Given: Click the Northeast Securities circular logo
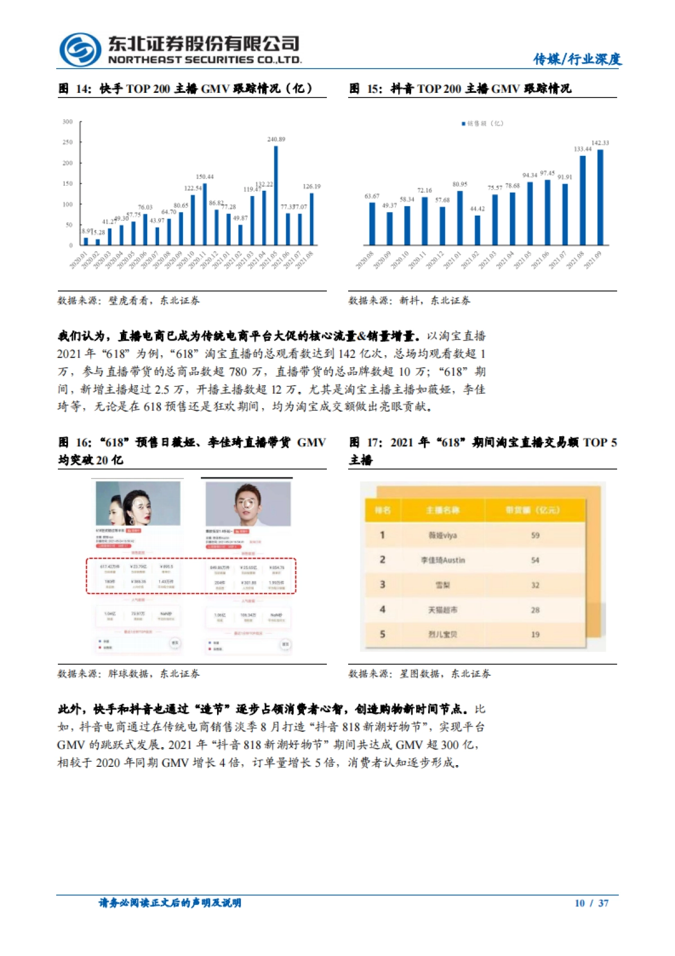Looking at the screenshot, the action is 80,50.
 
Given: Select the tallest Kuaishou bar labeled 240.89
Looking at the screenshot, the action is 276,195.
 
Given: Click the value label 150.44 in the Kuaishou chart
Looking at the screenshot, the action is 205,177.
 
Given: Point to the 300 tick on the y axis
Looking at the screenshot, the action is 67,122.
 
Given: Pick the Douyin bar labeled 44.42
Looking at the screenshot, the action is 478,230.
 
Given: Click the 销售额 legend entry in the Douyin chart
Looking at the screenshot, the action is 483,123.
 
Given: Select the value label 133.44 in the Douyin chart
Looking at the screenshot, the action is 583,149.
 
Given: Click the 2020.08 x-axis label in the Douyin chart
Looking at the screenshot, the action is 365,260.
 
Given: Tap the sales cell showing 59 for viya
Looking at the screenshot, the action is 535,535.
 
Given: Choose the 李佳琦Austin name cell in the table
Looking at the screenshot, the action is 443,560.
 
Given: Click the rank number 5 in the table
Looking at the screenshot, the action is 382,635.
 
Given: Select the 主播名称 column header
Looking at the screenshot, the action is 443,510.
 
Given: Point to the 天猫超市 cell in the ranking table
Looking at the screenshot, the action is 443,610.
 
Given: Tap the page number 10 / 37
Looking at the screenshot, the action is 591,903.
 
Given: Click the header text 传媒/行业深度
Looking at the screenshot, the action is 577,59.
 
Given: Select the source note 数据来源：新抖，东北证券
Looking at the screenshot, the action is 409,301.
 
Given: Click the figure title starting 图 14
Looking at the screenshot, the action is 186,88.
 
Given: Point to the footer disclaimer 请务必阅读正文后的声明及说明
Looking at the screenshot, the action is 170,903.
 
